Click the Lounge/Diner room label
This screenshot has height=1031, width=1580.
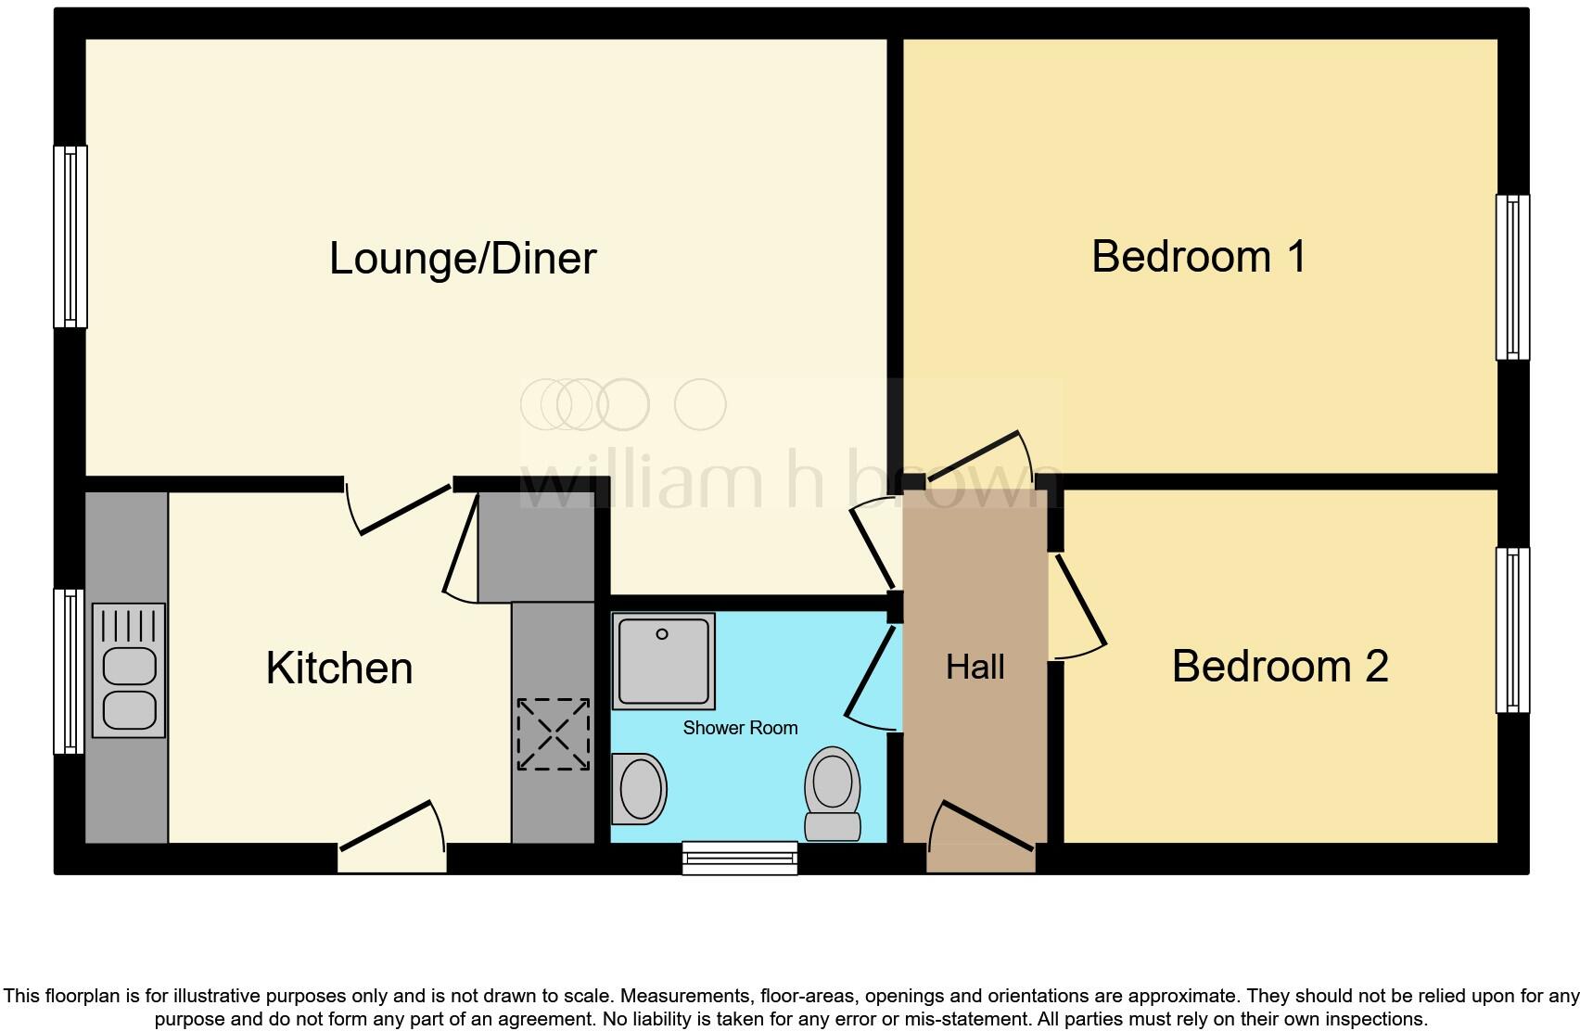pos(462,259)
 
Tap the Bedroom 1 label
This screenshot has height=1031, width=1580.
pos(1198,257)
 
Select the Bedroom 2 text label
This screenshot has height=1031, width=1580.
pos(1280,667)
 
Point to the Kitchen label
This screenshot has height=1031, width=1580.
pos(339,668)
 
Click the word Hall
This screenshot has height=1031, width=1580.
pos(975,667)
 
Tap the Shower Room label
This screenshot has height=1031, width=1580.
pos(740,728)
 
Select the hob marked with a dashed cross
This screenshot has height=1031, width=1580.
pos(553,734)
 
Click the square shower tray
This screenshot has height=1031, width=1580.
pos(664,659)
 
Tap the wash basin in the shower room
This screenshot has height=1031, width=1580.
pos(640,789)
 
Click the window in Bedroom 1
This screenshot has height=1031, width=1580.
pos(1512,276)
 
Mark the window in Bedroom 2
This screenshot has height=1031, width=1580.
pos(1512,630)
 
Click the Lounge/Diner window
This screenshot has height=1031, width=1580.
pos(70,236)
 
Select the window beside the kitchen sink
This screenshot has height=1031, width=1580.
pos(69,671)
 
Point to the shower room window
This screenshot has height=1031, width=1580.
pos(740,857)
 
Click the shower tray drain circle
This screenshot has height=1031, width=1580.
pos(662,635)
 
